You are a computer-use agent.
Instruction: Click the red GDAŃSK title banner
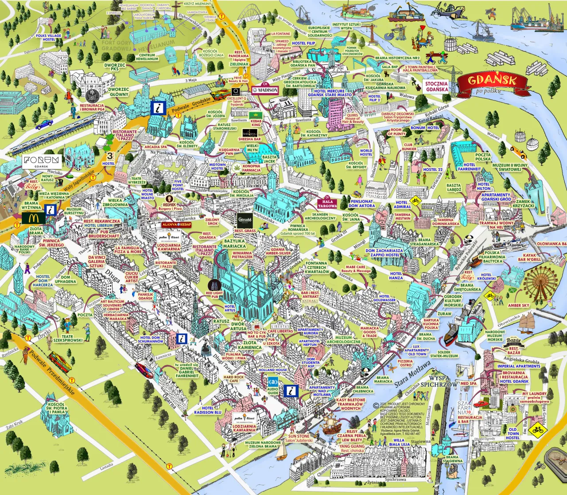tap(492, 81)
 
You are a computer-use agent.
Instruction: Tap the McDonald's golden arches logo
tap(34, 218)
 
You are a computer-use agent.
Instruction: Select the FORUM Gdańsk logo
tap(41, 161)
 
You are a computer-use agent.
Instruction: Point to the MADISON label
tap(265, 90)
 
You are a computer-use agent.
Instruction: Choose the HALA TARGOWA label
tap(327, 203)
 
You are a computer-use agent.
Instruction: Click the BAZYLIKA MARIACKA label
tap(234, 243)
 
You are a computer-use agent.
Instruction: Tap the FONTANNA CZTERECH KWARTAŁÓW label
tap(316, 267)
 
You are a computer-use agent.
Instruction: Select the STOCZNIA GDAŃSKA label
tap(436, 86)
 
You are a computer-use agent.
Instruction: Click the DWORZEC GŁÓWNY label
tap(119, 92)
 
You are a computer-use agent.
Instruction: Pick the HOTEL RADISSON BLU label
tap(207, 410)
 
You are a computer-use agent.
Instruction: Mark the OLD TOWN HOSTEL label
tap(513, 433)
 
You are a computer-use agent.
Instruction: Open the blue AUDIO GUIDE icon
tap(273, 382)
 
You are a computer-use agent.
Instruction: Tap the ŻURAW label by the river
tap(444, 314)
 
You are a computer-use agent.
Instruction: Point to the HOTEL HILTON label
tap(484, 186)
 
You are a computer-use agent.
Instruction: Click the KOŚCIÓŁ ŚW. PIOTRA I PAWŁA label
tap(57, 408)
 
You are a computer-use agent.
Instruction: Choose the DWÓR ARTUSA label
tap(237, 326)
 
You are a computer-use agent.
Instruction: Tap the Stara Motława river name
tap(412, 375)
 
